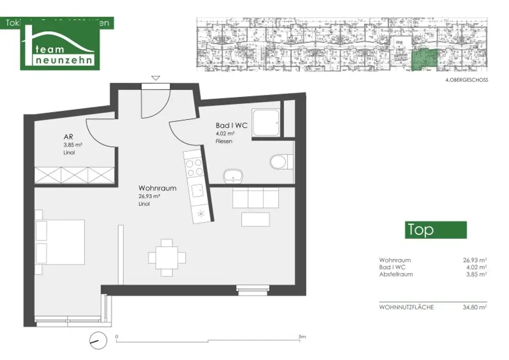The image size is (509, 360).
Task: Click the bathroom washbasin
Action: point(232,176)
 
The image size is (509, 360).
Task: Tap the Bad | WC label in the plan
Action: point(232,126)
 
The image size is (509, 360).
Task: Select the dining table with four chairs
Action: point(167,257)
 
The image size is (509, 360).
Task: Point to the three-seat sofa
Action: point(255,197)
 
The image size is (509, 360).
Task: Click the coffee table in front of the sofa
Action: point(255,219)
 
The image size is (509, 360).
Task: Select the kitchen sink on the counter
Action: point(198,189)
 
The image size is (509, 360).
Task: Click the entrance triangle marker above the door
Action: point(156,78)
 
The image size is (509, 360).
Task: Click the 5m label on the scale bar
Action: point(302,337)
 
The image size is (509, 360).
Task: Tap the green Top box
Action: point(435,230)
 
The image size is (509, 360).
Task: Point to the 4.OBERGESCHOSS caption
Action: point(467,80)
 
